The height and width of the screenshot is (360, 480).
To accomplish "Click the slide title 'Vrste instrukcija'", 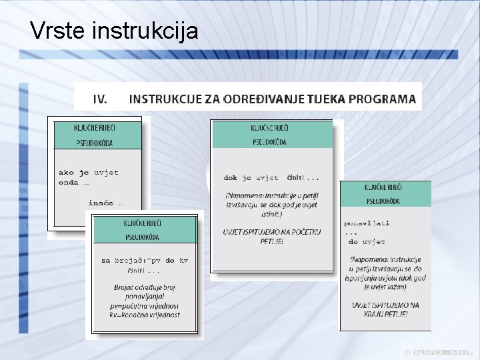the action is [x=114, y=30].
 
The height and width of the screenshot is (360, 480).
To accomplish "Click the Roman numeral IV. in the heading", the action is [x=99, y=99].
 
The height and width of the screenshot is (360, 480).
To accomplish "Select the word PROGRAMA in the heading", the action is [x=383, y=99].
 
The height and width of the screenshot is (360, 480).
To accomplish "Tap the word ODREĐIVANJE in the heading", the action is [x=265, y=99].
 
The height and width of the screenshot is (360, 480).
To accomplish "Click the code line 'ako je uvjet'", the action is [x=89, y=172].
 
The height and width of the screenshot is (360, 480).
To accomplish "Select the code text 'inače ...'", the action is [x=106, y=202].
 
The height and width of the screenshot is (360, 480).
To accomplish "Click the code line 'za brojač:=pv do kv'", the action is [x=145, y=261].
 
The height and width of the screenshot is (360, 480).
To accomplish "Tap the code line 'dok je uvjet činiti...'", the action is [x=271, y=178].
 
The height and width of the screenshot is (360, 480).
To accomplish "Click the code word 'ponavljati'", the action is [x=367, y=223].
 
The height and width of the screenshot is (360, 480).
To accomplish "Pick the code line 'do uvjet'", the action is [x=367, y=241].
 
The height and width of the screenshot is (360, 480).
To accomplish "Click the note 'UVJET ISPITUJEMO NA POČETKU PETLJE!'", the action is [x=271, y=236].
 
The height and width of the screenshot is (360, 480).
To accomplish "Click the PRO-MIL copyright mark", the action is [x=439, y=352].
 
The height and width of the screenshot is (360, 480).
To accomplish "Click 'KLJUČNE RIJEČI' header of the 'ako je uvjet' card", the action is [x=98, y=127].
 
